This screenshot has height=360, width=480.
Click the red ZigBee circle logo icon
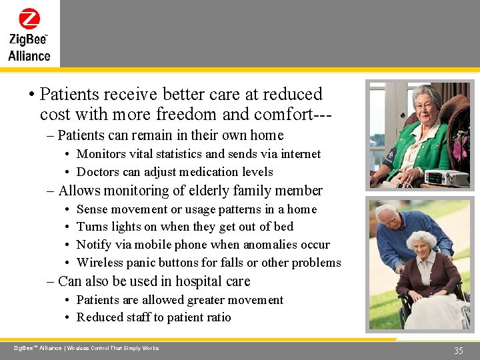click(29, 18)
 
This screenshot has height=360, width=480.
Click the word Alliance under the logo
click(29, 56)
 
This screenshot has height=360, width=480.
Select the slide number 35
click(458, 351)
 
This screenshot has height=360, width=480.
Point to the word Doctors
click(98, 172)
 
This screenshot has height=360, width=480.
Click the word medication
click(209, 172)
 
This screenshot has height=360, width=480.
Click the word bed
click(283, 227)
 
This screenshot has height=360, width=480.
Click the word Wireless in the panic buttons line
click(100, 263)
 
